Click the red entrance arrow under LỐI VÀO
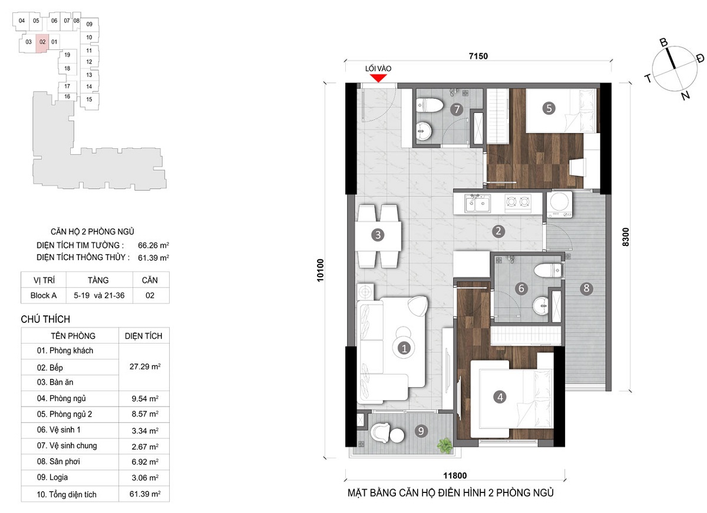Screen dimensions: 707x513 tap(378, 78)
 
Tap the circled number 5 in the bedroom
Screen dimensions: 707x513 tap(549, 108)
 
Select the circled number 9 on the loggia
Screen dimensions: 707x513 tap(421, 431)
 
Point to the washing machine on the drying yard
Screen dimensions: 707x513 tap(560, 204)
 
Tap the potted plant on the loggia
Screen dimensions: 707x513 tap(445, 445)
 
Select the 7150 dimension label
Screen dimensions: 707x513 tap(478, 56)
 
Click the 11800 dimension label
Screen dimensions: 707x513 tap(455, 475)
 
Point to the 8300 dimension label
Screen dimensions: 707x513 tap(625, 237)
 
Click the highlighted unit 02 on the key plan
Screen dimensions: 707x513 tap(42, 42)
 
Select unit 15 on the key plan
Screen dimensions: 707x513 tap(90, 99)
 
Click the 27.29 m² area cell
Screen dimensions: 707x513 tap(145, 367)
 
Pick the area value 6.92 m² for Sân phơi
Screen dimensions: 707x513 tap(145, 462)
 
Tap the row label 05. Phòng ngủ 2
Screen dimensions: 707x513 tap(64, 414)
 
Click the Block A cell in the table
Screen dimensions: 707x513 tap(44, 295)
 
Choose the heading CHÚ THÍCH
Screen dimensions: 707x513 tap(45, 319)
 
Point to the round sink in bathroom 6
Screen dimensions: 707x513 tap(541, 305)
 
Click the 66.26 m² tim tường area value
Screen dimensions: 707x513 tap(153, 245)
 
